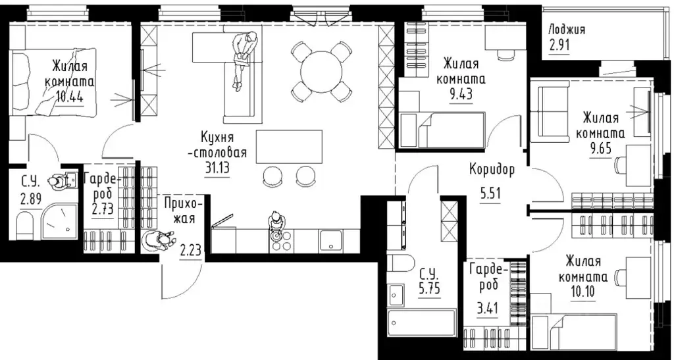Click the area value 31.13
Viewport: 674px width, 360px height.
pos(217,167)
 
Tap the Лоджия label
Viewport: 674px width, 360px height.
pos(567,29)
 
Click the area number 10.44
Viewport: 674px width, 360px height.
pos(69,95)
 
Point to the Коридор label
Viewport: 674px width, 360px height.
pos(492,170)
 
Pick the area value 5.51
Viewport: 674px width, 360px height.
pos(490,193)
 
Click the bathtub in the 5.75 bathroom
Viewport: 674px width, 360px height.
pos(422,323)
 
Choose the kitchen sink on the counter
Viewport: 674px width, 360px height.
pos(331,240)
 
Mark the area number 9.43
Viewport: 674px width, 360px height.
pos(461,93)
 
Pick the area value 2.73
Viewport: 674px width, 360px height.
pos(103,210)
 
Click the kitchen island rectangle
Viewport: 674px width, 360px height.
pos(290,147)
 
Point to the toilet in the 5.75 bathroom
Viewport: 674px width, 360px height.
pos(400,263)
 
